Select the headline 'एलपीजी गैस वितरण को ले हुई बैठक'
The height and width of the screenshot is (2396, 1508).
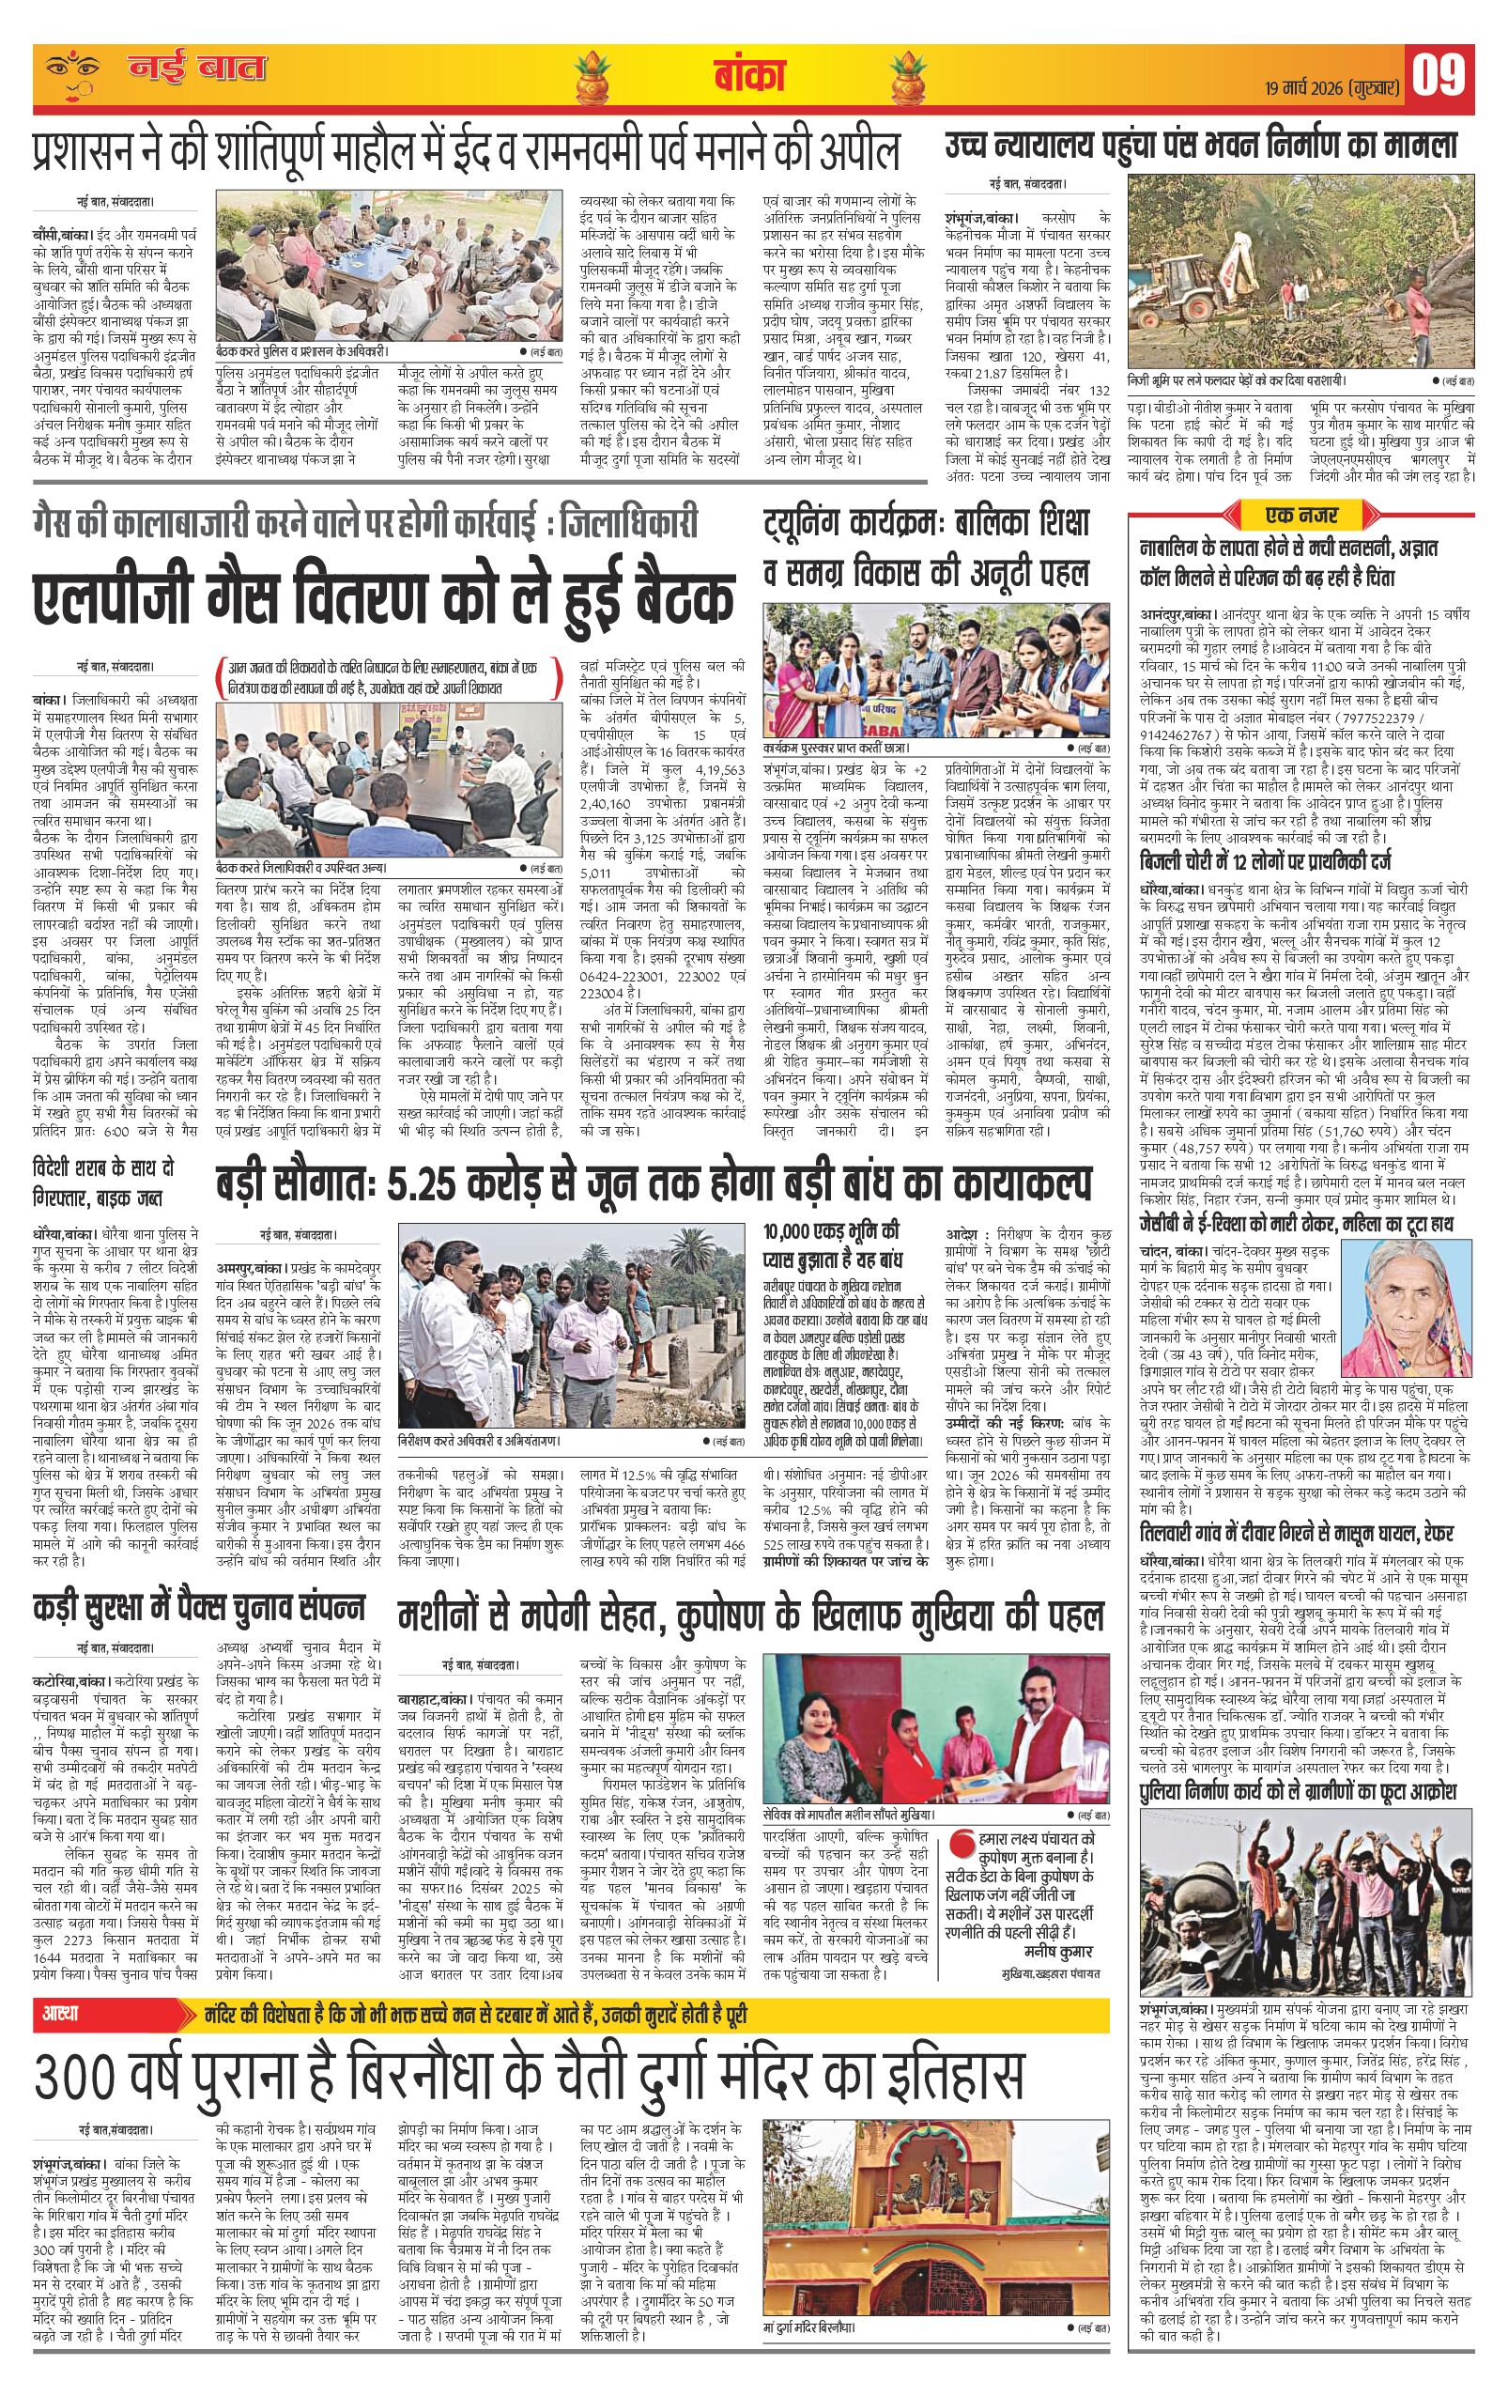click(x=384, y=598)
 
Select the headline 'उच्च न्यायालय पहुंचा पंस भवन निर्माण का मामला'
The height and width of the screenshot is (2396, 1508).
click(x=1200, y=147)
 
